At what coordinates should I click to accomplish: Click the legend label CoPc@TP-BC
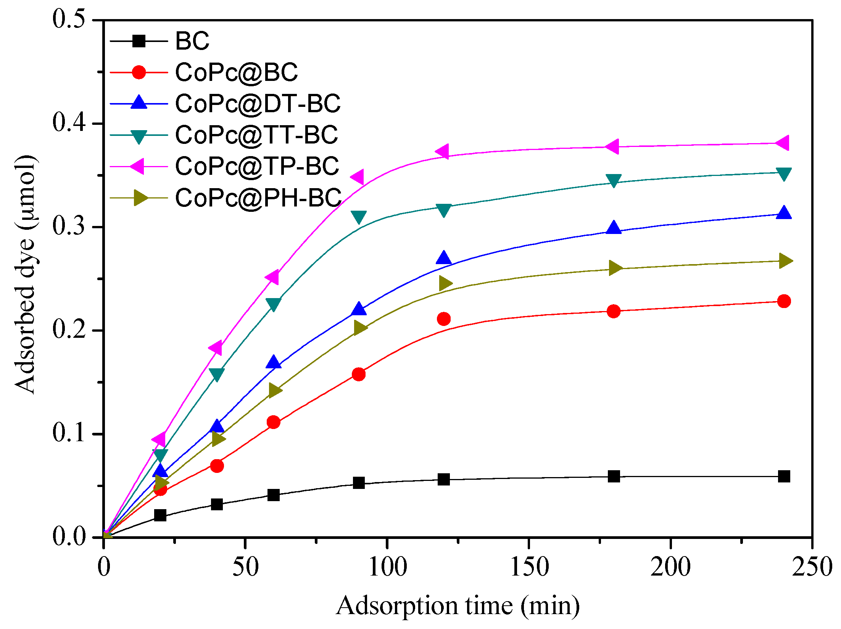click(257, 166)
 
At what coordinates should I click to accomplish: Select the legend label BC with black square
click(192, 41)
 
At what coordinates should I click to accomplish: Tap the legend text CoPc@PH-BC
click(258, 198)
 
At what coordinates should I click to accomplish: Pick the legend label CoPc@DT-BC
click(258, 103)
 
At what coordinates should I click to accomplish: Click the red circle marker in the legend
click(139, 72)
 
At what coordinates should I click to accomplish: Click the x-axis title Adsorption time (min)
click(458, 606)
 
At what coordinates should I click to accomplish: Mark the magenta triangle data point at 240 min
click(783, 143)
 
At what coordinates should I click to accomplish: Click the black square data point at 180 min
click(614, 476)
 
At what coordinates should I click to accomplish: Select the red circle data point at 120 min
click(444, 319)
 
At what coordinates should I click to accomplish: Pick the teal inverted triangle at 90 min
click(359, 217)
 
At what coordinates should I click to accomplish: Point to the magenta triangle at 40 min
click(216, 348)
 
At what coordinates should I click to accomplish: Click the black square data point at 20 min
click(160, 515)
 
